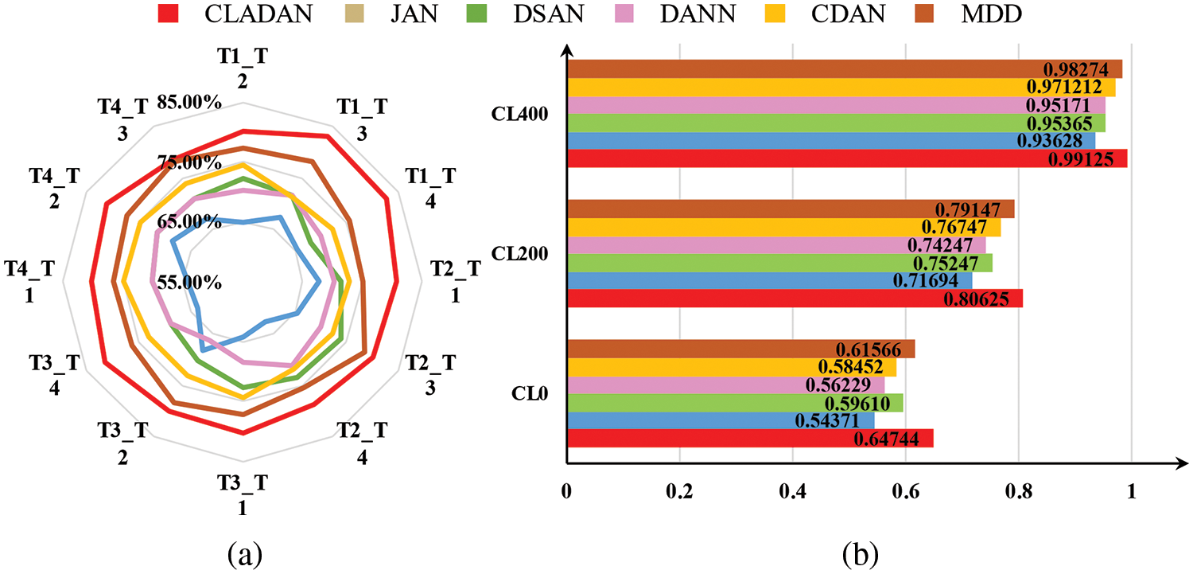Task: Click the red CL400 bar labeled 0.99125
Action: [x=846, y=158]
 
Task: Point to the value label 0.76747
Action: [x=965, y=227]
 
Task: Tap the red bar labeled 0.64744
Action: [x=749, y=439]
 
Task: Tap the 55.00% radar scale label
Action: [x=188, y=283]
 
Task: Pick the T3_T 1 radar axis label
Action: [x=243, y=494]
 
